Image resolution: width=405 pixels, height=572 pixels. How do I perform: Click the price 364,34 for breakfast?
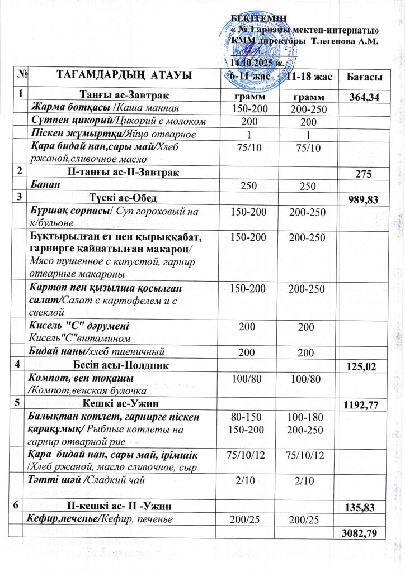[x=365, y=98]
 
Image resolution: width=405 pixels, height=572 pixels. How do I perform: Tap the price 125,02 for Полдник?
[x=364, y=368]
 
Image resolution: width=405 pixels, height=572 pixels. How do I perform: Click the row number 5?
[x=20, y=401]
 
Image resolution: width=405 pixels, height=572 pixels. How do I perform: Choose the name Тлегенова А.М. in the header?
[x=344, y=41]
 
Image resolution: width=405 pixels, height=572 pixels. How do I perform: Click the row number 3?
[x=20, y=197]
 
